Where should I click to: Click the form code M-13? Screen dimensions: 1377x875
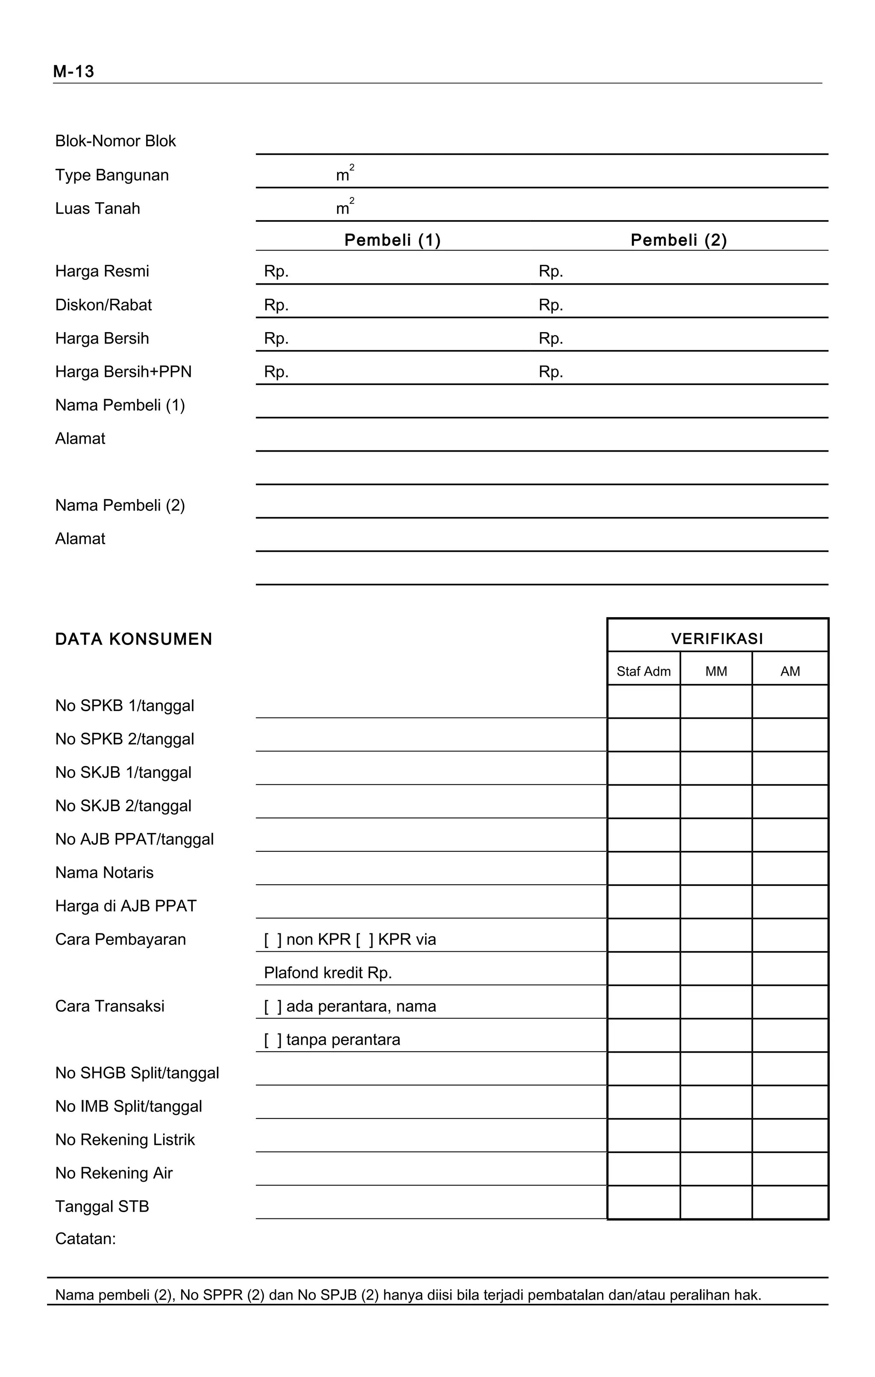tap(73, 71)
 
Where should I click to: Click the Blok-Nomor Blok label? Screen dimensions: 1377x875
tap(115, 141)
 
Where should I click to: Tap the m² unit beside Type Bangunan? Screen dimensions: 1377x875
tap(344, 174)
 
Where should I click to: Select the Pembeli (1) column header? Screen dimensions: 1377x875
tap(393, 240)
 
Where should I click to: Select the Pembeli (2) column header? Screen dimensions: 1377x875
tap(678, 240)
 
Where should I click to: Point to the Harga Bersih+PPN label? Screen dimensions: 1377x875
tap(123, 372)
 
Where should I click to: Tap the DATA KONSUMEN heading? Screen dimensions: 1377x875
tap(134, 639)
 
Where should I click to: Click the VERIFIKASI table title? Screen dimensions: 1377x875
tap(717, 639)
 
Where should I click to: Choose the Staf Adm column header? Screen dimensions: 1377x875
tap(643, 671)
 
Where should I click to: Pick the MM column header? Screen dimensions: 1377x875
tap(716, 671)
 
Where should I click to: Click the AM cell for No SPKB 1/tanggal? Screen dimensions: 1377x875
tap(790, 702)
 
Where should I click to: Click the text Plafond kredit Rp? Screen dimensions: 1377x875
tap(327, 973)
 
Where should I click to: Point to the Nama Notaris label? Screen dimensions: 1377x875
tap(105, 873)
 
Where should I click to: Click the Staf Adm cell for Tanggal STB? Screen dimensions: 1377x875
tap(643, 1203)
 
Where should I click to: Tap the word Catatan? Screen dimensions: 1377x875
tap(85, 1239)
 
